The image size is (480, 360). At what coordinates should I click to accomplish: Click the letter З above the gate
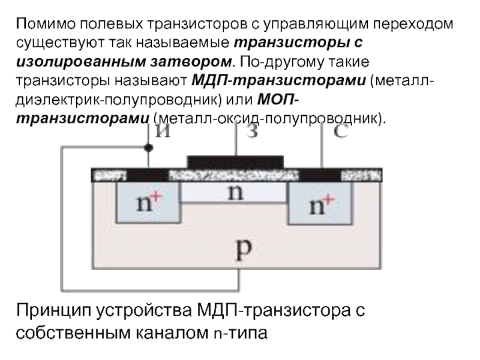click(x=253, y=131)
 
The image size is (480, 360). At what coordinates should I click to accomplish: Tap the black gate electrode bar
click(x=235, y=162)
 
